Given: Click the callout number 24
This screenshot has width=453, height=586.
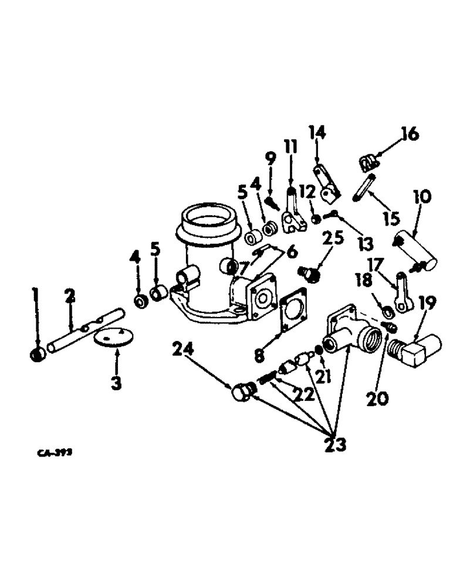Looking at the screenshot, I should pyautogui.click(x=182, y=350).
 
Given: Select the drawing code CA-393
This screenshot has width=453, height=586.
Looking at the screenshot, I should pyautogui.click(x=49, y=453).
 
